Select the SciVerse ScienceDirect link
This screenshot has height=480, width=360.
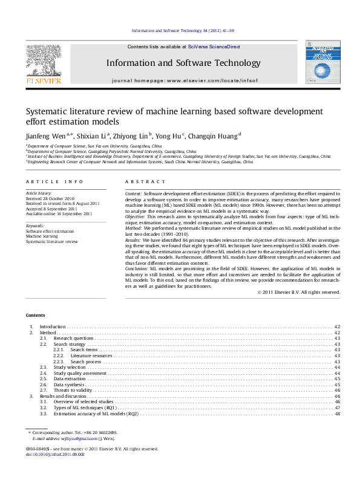pyautogui.click(x=214, y=47)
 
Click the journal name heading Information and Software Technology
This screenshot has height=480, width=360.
pyautogui.click(x=183, y=63)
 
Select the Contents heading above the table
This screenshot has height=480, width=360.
pyautogui.click(x=36, y=316)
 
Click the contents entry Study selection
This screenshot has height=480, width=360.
pyautogui.click(x=70, y=367)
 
